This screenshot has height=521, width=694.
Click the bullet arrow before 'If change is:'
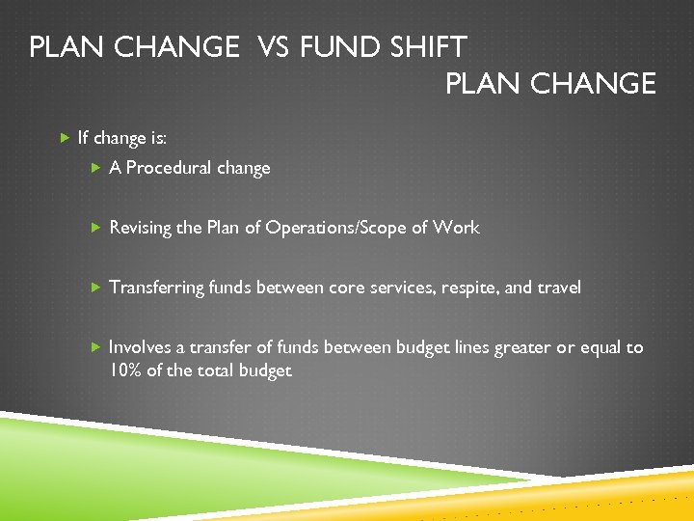click(64, 138)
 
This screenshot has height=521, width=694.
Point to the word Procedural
click(170, 168)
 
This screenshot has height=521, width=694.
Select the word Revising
click(141, 228)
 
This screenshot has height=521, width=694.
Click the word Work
click(456, 228)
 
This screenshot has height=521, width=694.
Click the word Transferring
click(157, 288)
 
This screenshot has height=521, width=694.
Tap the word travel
click(559, 288)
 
